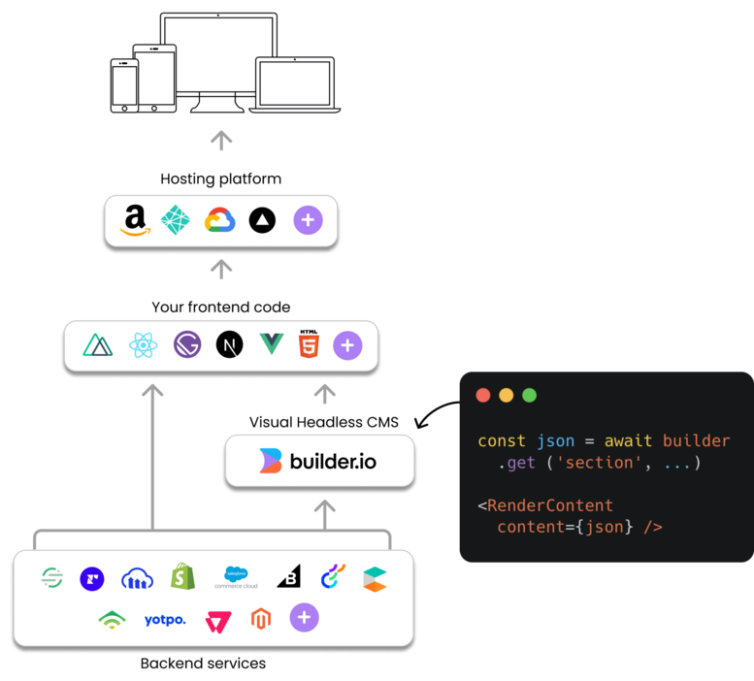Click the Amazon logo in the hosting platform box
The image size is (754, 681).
(x=135, y=220)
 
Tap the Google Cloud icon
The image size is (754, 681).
(x=219, y=220)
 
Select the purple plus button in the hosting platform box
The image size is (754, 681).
(x=308, y=220)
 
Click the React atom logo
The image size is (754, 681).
(x=144, y=345)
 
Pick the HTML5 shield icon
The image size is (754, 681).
(x=309, y=343)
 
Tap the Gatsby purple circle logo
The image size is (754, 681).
(x=187, y=344)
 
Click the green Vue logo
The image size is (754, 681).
(x=272, y=344)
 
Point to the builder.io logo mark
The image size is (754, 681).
(x=270, y=461)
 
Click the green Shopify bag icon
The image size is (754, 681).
(x=182, y=576)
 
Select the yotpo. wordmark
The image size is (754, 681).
(x=165, y=620)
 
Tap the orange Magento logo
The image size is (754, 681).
(x=261, y=619)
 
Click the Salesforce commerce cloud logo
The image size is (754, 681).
(x=236, y=577)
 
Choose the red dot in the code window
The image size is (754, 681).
(x=483, y=395)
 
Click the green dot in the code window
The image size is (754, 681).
(x=529, y=395)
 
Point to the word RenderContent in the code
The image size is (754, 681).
(x=550, y=505)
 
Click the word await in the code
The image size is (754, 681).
(x=628, y=440)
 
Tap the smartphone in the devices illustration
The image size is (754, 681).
(x=124, y=85)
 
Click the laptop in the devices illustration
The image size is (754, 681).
(x=295, y=84)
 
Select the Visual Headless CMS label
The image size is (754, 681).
(x=323, y=422)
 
